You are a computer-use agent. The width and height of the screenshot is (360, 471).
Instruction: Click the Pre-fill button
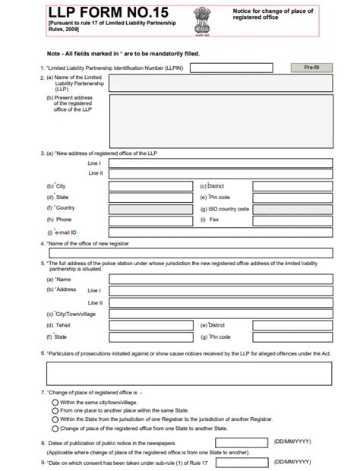[x=311, y=68]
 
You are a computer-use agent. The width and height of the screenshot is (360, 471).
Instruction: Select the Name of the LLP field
[x=221, y=84]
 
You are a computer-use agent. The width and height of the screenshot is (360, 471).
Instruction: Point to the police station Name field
[x=221, y=279]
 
